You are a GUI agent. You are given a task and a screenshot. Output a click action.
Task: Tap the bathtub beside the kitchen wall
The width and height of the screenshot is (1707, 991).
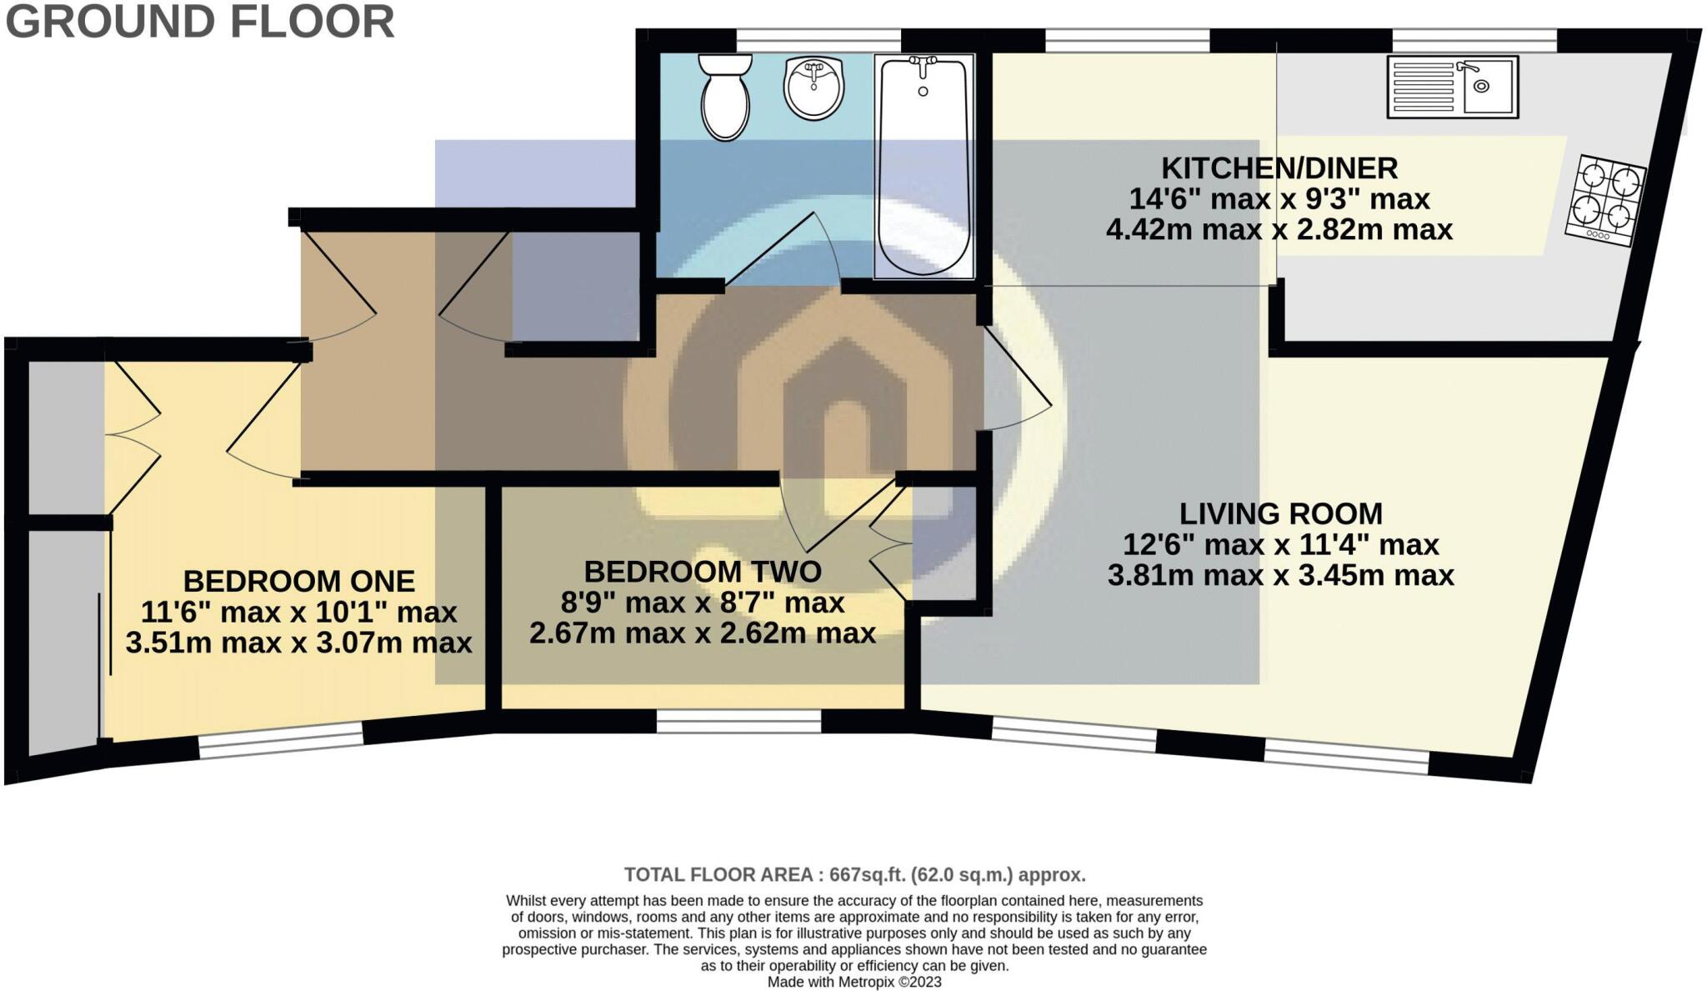pyautogui.click(x=924, y=166)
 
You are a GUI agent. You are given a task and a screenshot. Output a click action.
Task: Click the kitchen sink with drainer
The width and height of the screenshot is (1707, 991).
pyautogui.click(x=1452, y=87)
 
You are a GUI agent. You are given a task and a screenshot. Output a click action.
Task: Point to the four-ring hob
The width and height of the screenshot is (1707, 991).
pyautogui.click(x=1605, y=201)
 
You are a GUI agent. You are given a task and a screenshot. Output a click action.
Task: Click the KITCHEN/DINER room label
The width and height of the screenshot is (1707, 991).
pyautogui.click(x=1279, y=168)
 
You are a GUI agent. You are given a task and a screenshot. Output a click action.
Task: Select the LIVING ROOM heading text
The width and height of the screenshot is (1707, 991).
pyautogui.click(x=1280, y=513)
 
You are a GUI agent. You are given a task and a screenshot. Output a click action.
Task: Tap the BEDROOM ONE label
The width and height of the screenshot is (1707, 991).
pyautogui.click(x=299, y=581)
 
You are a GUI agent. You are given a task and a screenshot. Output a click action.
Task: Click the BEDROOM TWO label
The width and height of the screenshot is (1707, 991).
pyautogui.click(x=703, y=572)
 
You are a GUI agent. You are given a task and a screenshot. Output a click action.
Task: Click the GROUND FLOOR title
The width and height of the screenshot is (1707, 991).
pyautogui.click(x=200, y=22)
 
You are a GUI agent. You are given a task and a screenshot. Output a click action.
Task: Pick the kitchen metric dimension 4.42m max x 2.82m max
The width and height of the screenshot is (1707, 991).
pyautogui.click(x=1279, y=229)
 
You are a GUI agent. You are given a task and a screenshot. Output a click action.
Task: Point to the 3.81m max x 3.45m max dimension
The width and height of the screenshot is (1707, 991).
pyautogui.click(x=1281, y=575)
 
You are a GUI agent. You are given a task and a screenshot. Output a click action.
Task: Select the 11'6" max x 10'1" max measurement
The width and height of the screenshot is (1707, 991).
pyautogui.click(x=299, y=613)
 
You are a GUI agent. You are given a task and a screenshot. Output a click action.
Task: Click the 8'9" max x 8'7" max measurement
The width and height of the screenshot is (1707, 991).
pyautogui.click(x=703, y=602)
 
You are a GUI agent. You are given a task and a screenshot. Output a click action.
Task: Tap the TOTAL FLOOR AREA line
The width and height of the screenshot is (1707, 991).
pyautogui.click(x=855, y=875)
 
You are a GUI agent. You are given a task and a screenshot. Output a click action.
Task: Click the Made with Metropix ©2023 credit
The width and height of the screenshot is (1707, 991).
pyautogui.click(x=854, y=982)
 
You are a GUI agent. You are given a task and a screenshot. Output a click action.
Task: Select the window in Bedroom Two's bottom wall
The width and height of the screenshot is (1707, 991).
pyautogui.click(x=739, y=722)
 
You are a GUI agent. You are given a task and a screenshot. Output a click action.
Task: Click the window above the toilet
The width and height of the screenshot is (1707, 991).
pyautogui.click(x=818, y=40)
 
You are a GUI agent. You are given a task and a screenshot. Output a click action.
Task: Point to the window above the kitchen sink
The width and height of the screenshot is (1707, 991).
pyautogui.click(x=1474, y=40)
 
